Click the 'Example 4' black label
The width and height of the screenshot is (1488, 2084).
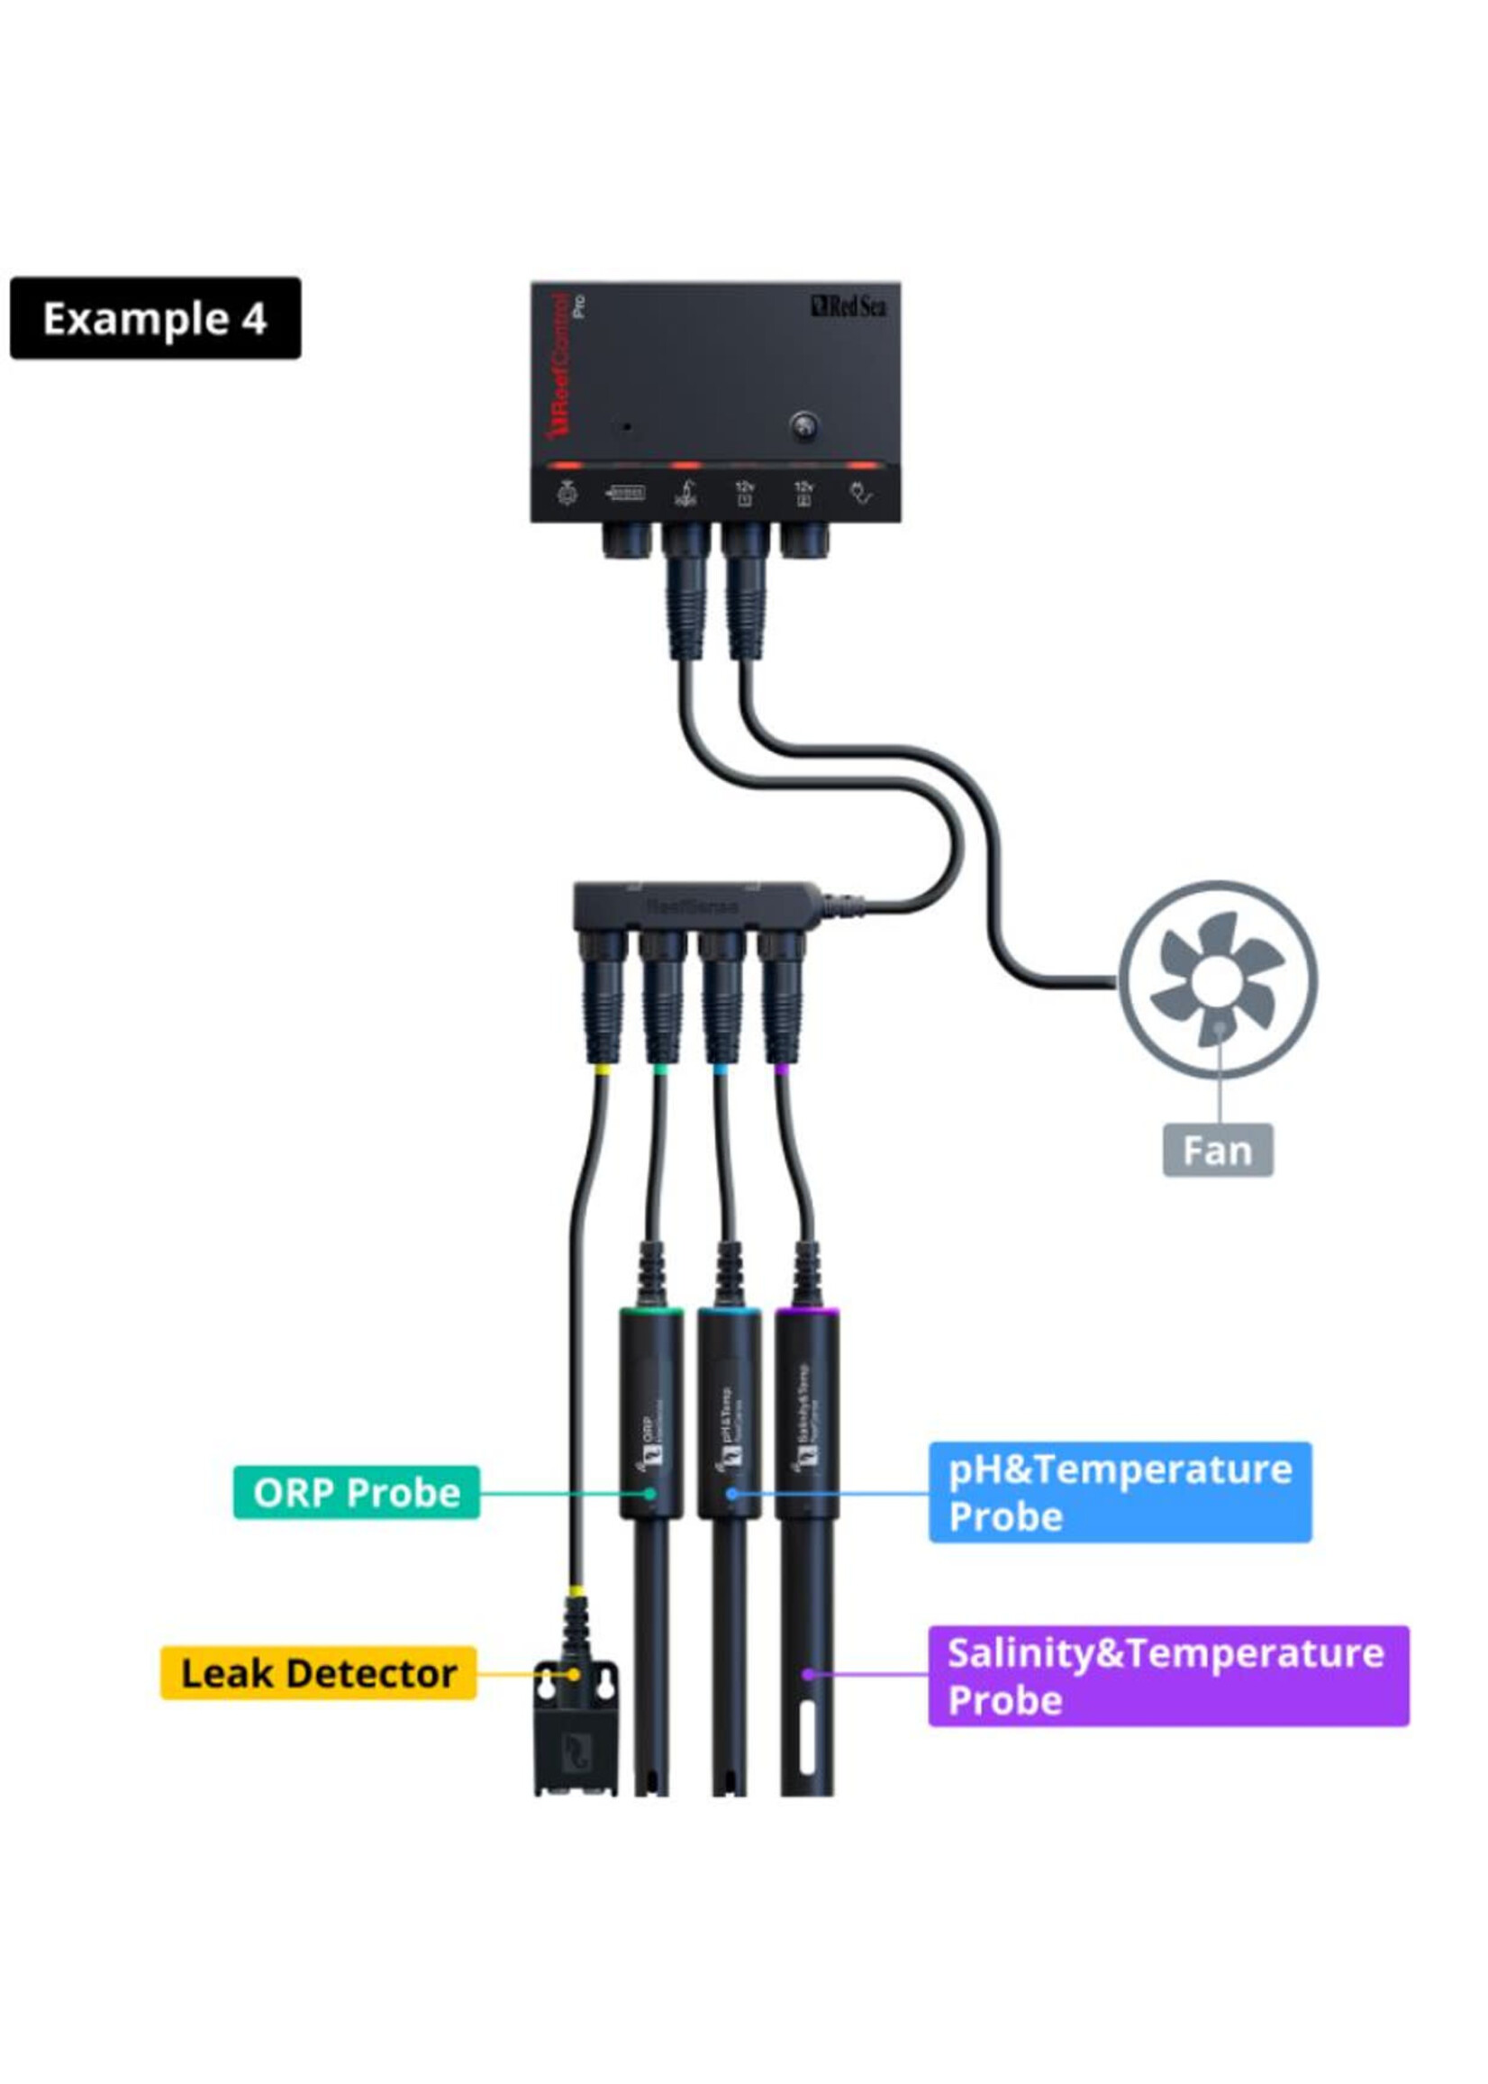click(x=155, y=318)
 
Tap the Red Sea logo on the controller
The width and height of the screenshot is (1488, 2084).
click(x=848, y=305)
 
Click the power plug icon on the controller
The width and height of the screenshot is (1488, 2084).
click(x=862, y=494)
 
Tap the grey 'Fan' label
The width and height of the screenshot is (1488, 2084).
click(x=1217, y=1151)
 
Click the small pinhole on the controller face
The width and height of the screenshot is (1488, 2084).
click(x=627, y=427)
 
